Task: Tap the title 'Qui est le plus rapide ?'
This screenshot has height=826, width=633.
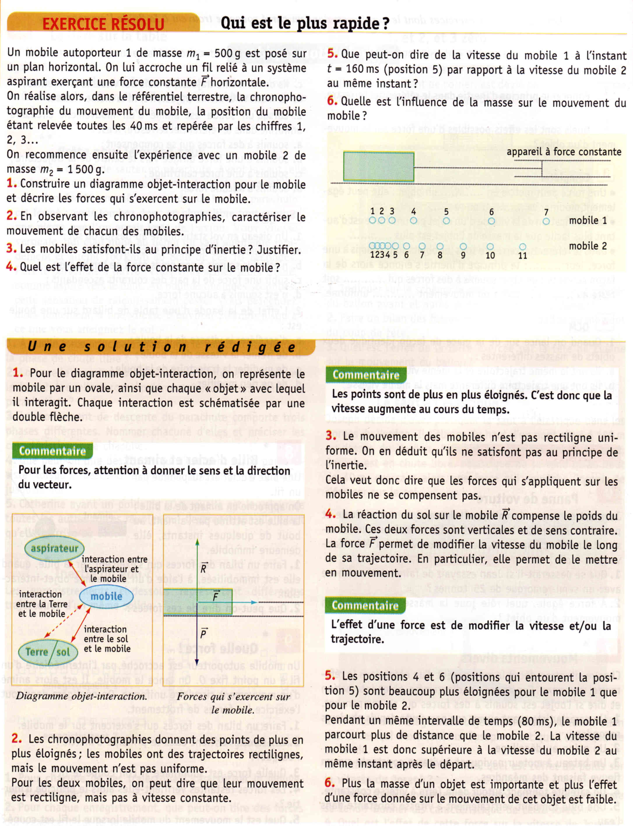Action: click(305, 23)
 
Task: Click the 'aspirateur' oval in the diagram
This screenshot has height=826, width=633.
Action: click(54, 548)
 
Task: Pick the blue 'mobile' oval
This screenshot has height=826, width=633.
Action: click(106, 596)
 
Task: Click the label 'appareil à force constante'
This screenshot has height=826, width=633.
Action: click(564, 152)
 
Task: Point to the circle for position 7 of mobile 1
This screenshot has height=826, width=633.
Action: click(546, 221)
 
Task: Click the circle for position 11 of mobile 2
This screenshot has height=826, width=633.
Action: click(523, 247)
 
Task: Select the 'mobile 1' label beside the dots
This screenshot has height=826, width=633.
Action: click(588, 220)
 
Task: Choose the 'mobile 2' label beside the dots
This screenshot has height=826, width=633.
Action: click(588, 246)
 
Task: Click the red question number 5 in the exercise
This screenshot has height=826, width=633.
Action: click(332, 54)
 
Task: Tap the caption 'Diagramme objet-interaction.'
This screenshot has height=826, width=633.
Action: click(81, 696)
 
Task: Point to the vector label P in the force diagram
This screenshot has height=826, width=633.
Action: click(203, 634)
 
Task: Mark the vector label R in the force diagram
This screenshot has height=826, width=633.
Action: click(203, 568)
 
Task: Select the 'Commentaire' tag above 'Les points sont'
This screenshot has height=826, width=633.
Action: click(365, 375)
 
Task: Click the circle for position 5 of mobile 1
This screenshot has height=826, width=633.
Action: click(446, 221)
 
